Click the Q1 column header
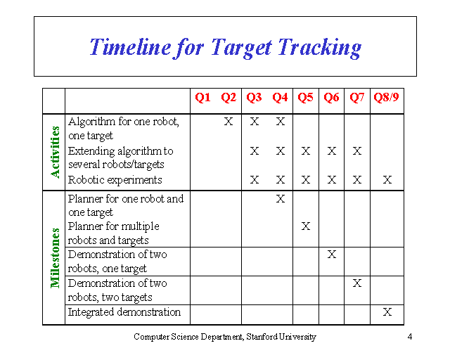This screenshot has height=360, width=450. pyautogui.click(x=202, y=98)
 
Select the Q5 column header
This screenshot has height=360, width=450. pyautogui.click(x=305, y=98)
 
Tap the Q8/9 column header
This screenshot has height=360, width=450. pyautogui.click(x=387, y=98)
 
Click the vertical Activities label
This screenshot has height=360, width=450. pyautogui.click(x=55, y=152)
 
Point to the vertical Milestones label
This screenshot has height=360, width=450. pyautogui.click(x=55, y=257)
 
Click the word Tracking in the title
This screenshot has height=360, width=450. pyautogui.click(x=319, y=47)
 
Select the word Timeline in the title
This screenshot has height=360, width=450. pyautogui.click(x=130, y=47)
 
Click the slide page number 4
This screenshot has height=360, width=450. pyautogui.click(x=409, y=337)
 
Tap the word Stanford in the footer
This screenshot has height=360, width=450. pyautogui.click(x=259, y=337)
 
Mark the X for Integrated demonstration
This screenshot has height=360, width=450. pyautogui.click(x=387, y=312)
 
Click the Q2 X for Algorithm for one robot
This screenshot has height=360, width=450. pyautogui.click(x=229, y=122)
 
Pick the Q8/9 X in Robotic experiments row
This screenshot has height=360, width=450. pyautogui.click(x=387, y=180)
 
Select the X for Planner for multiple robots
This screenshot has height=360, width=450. pyautogui.click(x=305, y=226)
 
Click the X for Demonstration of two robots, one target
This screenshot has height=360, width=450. pyautogui.click(x=331, y=255)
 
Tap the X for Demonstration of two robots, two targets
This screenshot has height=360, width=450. pyautogui.click(x=357, y=283)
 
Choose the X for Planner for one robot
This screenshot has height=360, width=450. pyautogui.click(x=280, y=199)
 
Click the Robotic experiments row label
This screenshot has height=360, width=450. pyautogui.click(x=115, y=180)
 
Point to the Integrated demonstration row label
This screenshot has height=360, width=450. pyautogui.click(x=124, y=312)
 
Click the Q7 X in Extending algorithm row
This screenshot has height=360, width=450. pyautogui.click(x=357, y=151)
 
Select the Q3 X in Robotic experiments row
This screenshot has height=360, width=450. pyautogui.click(x=255, y=180)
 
